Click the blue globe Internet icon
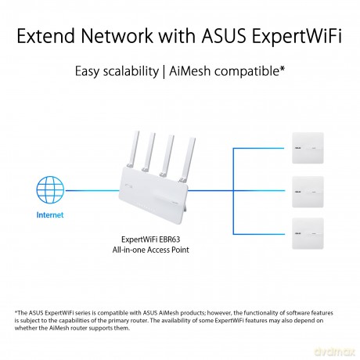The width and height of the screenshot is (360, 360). pos(50,190)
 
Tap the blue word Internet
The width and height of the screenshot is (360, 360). pos(50,215)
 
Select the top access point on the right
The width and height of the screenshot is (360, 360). pos(308,148)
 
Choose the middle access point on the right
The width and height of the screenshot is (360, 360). pos(308,192)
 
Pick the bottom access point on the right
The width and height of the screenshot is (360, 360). pos(308,233)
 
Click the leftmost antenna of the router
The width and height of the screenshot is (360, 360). pos(133,149)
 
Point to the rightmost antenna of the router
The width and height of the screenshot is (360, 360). pos(188,159)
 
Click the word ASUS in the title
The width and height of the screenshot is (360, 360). pos(224,36)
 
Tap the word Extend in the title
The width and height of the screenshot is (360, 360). pos(46,36)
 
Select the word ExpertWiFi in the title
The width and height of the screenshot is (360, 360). pos(297,37)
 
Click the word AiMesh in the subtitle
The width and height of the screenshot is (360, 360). pos(189,71)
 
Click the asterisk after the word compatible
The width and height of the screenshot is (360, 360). pos(282,68)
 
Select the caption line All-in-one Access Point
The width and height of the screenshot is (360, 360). pos(151,250)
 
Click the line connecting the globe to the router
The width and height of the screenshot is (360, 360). pos(92,190)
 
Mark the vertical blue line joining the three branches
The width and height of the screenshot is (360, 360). pos(233,191)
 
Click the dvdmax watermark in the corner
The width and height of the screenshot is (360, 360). pos(335,351)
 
